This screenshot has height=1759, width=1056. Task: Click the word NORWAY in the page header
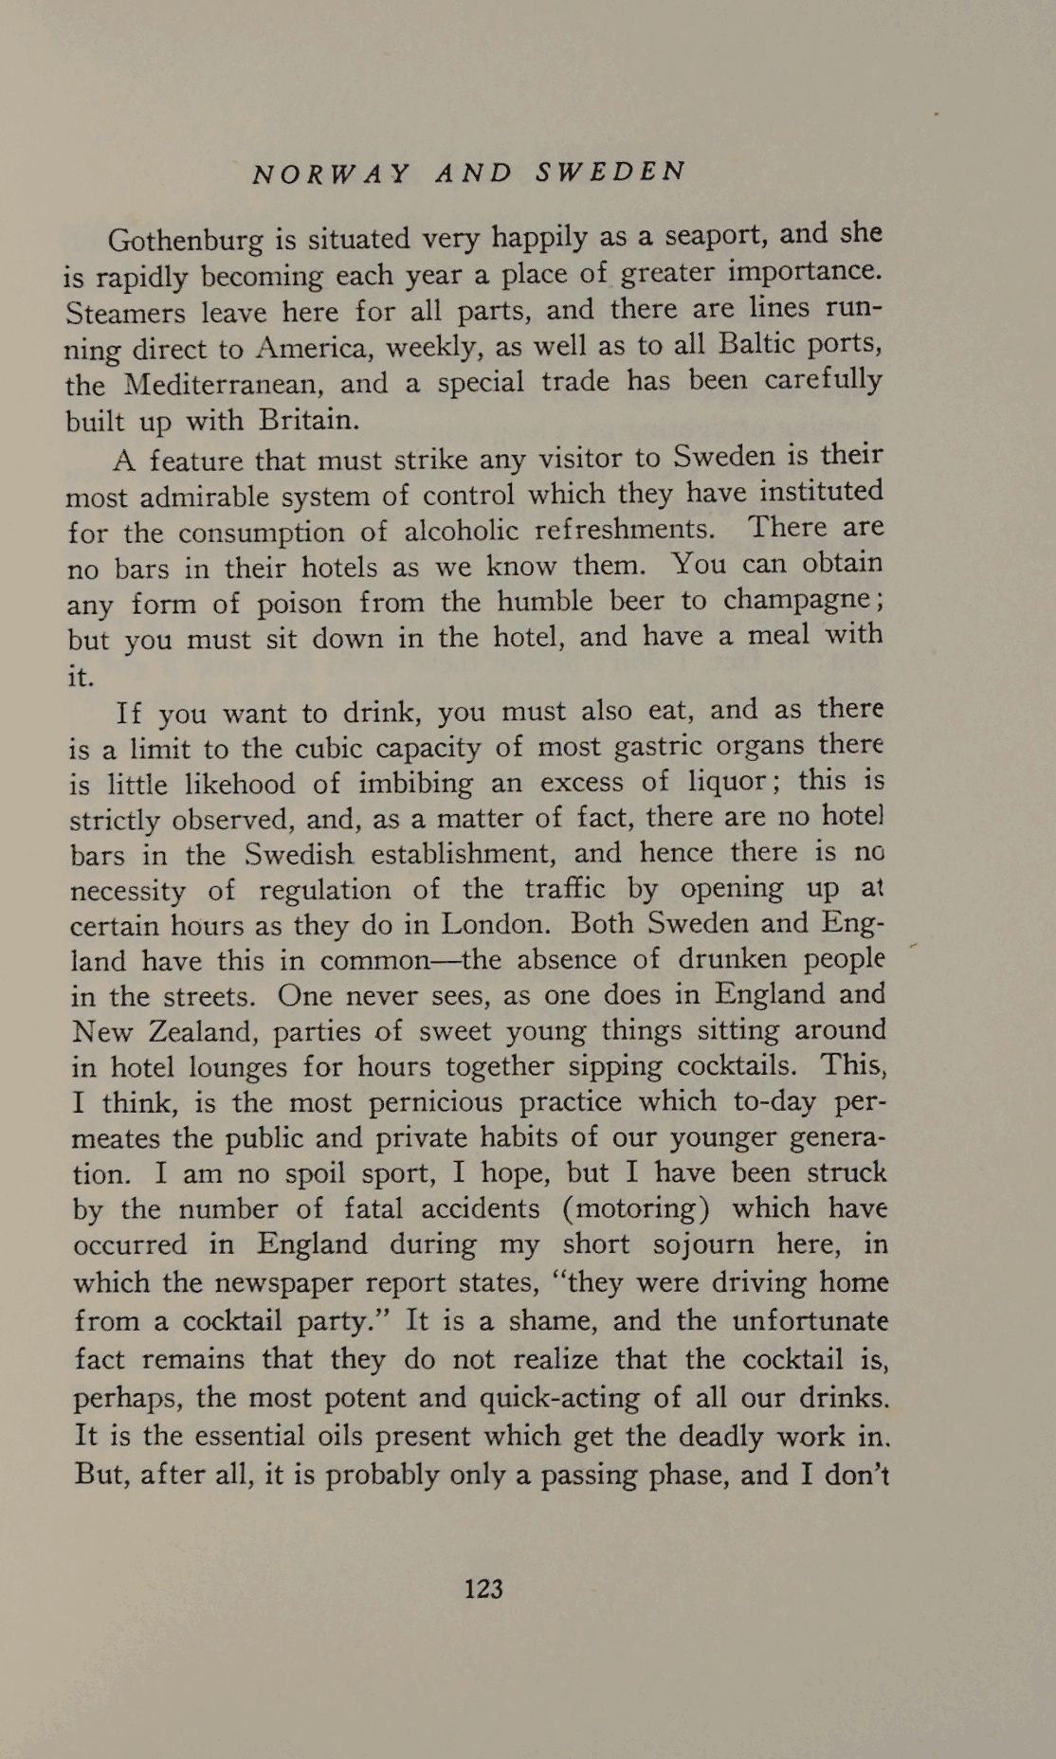332,173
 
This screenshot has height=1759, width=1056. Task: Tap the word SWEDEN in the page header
610,172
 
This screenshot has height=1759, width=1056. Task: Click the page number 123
483,1588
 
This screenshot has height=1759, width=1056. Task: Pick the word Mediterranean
225,384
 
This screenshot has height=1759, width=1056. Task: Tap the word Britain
304,420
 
